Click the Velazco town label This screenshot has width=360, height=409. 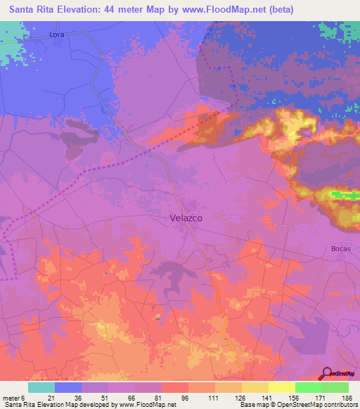[186, 218]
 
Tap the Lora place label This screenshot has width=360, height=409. [57, 34]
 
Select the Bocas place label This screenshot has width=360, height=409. [340, 249]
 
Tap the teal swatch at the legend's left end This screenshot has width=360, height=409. [41, 387]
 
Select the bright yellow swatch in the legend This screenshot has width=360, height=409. [281, 387]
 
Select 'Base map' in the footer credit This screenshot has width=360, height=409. [252, 405]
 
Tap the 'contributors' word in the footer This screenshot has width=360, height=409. [340, 405]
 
